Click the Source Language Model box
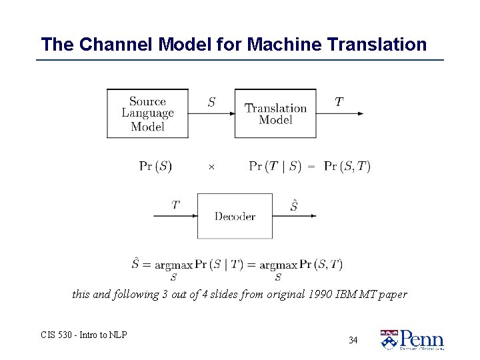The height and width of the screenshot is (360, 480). [147, 113]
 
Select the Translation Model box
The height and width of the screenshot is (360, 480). [275, 113]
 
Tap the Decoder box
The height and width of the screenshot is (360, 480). [234, 216]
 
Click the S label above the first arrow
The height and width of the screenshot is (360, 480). [211, 103]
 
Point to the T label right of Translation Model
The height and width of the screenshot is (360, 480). [339, 102]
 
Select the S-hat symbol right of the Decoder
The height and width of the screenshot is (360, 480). [294, 205]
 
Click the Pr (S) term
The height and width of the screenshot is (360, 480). [155, 167]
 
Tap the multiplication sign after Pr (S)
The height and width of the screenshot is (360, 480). [211, 167]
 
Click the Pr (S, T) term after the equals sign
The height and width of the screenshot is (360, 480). [347, 167]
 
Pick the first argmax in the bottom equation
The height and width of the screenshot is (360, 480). [173, 265]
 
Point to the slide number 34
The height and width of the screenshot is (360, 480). [353, 341]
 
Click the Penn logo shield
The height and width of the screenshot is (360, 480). [389, 339]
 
